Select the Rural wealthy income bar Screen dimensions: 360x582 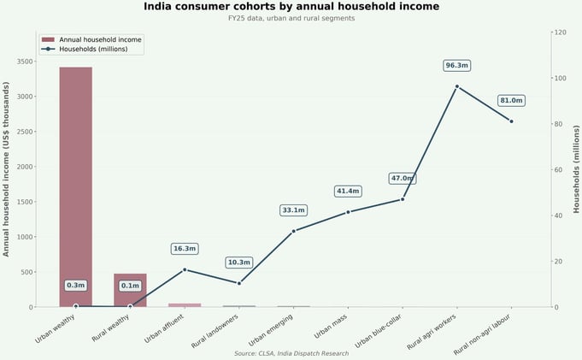click(x=130, y=291)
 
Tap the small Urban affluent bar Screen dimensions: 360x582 click(x=185, y=304)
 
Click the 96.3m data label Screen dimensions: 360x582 click(x=457, y=66)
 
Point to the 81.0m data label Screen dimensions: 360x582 click(x=511, y=101)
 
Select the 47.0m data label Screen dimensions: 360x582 click(x=402, y=178)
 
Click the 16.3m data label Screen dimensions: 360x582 click(x=185, y=249)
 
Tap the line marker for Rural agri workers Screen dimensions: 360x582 click(x=457, y=86)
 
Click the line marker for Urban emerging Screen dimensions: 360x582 click(x=293, y=231)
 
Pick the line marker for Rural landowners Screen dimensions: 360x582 click(x=239, y=283)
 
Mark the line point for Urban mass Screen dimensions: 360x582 click(x=348, y=212)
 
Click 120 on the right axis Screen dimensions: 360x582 click(x=561, y=32)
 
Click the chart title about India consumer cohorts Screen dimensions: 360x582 click(x=291, y=7)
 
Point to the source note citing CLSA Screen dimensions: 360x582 click(x=291, y=353)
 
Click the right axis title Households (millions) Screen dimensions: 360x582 click(x=576, y=169)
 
